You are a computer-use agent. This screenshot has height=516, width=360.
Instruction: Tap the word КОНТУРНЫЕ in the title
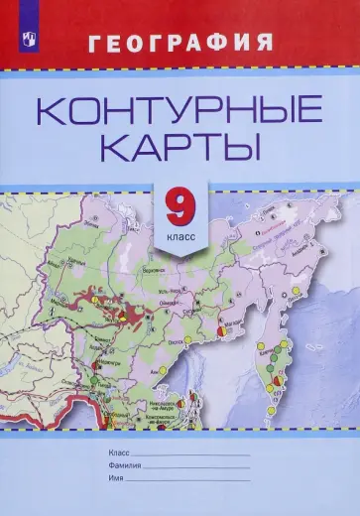(x=180, y=107)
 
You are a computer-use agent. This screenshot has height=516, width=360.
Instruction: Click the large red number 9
(x=180, y=209)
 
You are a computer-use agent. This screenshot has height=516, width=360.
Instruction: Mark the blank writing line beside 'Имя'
(x=188, y=478)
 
